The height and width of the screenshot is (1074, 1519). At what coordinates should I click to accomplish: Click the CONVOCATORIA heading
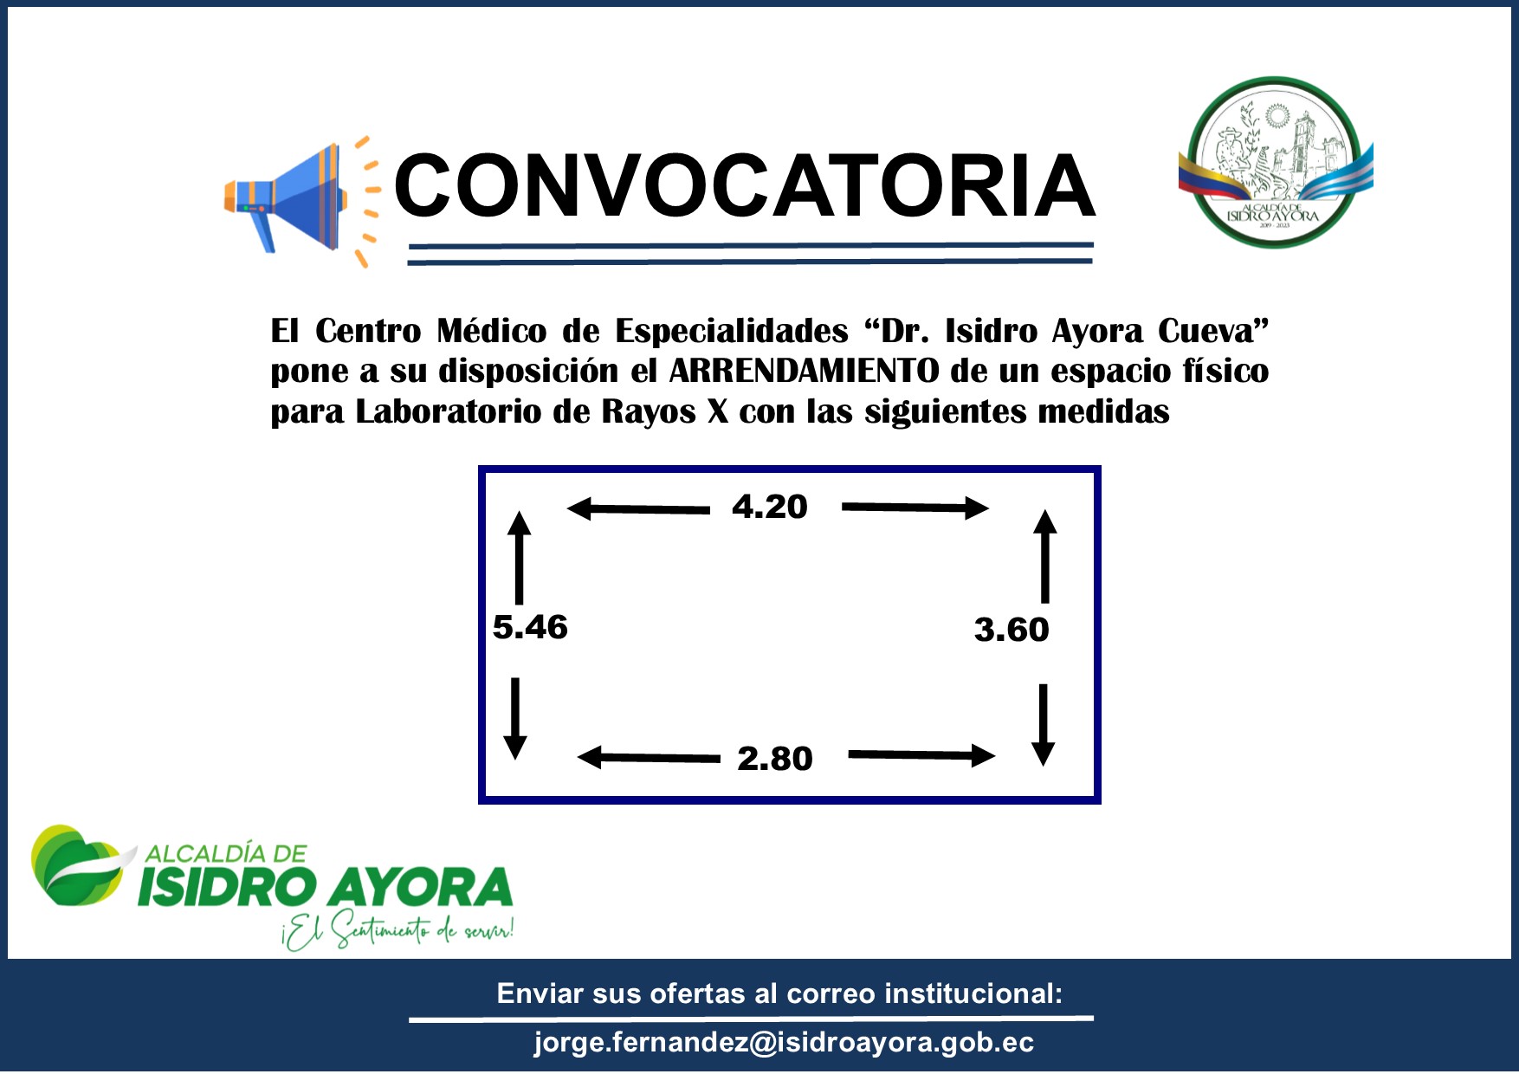coord(745,185)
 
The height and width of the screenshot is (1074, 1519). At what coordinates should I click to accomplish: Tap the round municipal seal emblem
coord(1275,163)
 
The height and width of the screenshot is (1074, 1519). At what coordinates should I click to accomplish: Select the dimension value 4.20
coord(770,507)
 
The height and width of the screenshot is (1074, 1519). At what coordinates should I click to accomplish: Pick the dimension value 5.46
coord(530,627)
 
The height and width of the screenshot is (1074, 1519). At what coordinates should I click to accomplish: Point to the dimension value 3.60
coord(1012,630)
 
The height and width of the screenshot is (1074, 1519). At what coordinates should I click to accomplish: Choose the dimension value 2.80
coord(775,759)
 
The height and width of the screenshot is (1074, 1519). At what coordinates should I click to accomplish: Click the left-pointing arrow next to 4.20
coord(638,509)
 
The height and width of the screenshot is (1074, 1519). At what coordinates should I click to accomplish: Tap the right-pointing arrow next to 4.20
coord(915,508)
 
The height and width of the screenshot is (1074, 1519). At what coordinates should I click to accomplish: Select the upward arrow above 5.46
coord(519,558)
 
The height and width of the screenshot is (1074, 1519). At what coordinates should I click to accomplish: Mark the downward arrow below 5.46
coord(515,719)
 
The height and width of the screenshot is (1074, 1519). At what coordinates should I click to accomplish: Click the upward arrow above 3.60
coord(1045,556)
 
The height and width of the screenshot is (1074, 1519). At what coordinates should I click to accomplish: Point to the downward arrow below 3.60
coord(1044,725)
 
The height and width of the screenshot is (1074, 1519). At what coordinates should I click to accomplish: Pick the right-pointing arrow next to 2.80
coord(922,755)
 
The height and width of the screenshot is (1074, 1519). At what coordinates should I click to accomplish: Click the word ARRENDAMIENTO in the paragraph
coord(805,371)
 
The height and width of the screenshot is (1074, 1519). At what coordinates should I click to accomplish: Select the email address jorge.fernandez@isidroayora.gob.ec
coord(784,1042)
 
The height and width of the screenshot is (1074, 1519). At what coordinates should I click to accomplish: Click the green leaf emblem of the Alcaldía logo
coord(81,865)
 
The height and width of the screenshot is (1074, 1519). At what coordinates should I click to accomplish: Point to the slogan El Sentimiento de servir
coord(398,930)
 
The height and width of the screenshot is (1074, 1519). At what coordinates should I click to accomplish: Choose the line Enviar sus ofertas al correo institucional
coord(779,993)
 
